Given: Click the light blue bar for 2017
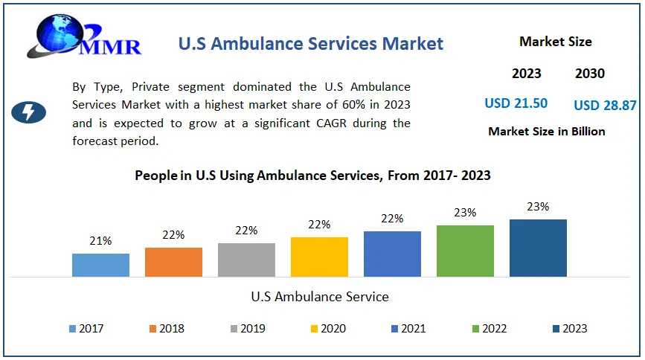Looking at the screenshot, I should (100, 265).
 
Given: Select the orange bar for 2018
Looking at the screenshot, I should (173, 262).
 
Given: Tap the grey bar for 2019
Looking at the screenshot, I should (246, 260).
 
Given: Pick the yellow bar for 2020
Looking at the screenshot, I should (319, 257).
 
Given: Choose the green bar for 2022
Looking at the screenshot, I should (465, 251).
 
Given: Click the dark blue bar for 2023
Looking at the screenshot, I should (538, 248).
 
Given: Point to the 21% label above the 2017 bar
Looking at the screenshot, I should (100, 241).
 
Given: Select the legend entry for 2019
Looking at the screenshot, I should (248, 328).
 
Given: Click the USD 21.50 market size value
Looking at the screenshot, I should (516, 103).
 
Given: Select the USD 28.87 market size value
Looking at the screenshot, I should (605, 105).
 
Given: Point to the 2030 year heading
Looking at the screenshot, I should (590, 74).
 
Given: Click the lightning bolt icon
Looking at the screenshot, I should (29, 112).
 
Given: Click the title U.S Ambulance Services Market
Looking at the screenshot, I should (311, 43).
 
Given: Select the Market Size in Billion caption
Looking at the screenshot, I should (547, 132).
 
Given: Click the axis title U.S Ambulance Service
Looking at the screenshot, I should (320, 297).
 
